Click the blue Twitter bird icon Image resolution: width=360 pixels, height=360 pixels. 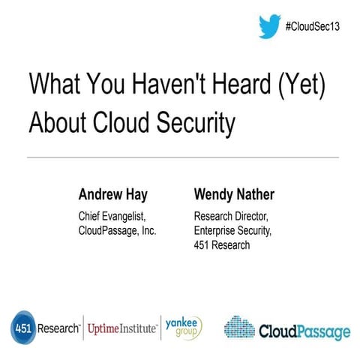point(269,28)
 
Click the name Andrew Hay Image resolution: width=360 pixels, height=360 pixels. point(113,196)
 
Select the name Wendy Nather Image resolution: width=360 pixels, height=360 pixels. point(234,196)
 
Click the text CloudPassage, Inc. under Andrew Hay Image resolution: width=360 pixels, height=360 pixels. point(117,231)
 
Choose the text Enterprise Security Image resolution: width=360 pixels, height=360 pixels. point(231,231)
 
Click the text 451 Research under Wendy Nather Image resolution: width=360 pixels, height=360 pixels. point(222,245)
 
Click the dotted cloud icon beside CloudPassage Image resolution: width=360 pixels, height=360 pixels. point(239,328)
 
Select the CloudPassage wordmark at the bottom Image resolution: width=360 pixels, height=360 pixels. point(304,330)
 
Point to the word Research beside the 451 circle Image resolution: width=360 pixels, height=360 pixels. point(61,328)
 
